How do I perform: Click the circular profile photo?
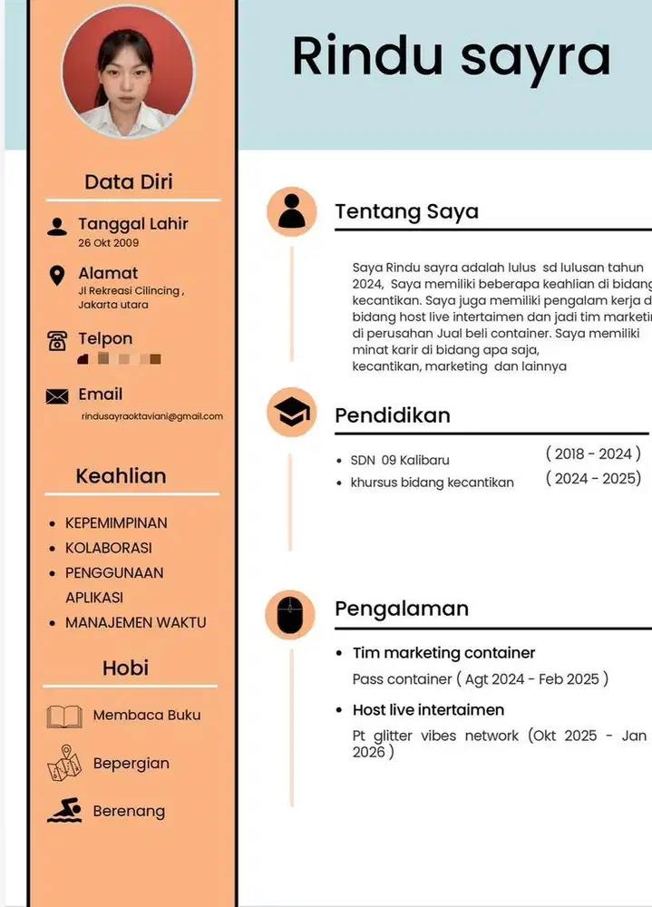point(128,72)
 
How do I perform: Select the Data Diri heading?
point(129,181)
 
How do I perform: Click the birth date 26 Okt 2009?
point(109,243)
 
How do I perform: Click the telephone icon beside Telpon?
point(57,341)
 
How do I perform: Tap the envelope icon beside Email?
point(57,395)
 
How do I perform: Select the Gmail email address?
point(152,416)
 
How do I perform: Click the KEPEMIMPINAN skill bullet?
point(116,523)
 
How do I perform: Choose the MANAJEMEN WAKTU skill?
point(135,623)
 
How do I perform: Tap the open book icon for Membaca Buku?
point(64,717)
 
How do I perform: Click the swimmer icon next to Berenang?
point(64,811)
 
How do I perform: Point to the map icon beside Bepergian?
point(64,763)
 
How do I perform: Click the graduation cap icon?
point(291,414)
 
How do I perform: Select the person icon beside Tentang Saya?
point(291,211)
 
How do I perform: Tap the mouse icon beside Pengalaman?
point(290,615)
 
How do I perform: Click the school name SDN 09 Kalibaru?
point(399,460)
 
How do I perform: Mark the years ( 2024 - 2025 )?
point(593,478)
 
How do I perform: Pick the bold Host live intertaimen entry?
point(428,709)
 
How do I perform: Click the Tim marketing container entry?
point(443,653)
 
